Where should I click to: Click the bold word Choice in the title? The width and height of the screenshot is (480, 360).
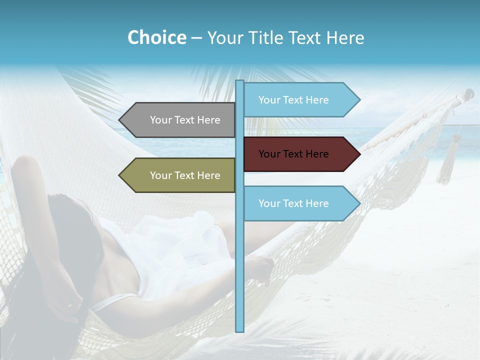click(156, 37)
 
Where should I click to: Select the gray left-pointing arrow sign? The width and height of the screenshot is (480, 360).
click(177, 120)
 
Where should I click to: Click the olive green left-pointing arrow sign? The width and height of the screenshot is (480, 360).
click(177, 175)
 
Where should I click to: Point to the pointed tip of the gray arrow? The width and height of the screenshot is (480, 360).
click(120, 120)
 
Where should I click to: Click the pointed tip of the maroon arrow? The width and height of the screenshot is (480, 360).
click(359, 154)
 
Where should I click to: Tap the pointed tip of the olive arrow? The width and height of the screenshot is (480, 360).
click(120, 175)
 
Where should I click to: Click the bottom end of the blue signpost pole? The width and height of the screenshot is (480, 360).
click(240, 330)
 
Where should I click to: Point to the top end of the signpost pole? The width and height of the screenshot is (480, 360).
click(240, 81)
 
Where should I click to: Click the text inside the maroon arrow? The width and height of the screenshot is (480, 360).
click(293, 154)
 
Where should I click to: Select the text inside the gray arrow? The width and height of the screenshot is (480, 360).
click(185, 120)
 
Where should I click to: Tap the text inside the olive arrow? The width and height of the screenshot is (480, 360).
click(185, 175)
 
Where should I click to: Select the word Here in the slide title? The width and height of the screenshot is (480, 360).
click(345, 38)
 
